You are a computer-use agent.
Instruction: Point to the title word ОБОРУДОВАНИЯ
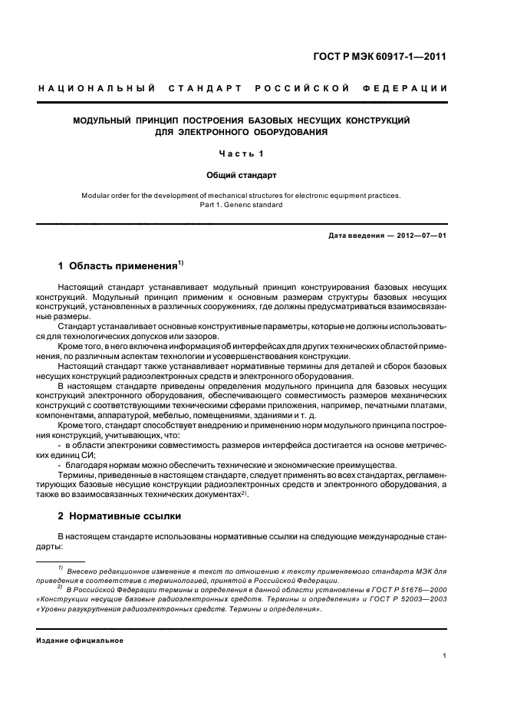click(x=285, y=132)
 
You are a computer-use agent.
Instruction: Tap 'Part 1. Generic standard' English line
click(x=242, y=205)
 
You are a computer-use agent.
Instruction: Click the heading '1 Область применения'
click(x=117, y=267)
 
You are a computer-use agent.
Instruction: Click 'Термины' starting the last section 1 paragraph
click(x=77, y=476)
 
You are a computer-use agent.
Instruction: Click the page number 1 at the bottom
click(x=445, y=656)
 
